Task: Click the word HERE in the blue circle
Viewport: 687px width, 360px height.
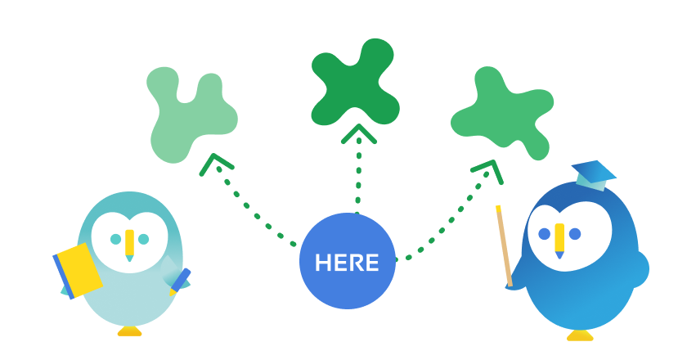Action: (347, 263)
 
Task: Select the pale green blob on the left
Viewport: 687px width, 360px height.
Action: (190, 115)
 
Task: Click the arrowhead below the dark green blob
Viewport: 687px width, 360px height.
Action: (358, 133)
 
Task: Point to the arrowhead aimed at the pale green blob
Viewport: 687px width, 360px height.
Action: (214, 163)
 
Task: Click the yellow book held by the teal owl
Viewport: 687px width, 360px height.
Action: (79, 269)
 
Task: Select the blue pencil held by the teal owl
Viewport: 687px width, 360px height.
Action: (180, 280)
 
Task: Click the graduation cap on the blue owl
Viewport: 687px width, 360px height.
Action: (595, 173)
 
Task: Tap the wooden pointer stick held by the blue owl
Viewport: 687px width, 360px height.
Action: (504, 245)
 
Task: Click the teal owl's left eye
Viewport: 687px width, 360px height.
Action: (115, 239)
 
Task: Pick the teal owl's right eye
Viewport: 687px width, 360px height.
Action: (144, 239)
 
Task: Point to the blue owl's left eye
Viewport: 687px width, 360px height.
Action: (545, 234)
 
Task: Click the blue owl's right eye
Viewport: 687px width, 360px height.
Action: (575, 234)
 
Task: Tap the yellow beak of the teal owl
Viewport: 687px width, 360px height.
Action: (129, 243)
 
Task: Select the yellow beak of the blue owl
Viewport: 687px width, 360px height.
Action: (559, 238)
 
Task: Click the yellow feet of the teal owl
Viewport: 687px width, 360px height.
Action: (129, 331)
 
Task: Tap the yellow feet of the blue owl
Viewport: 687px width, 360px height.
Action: (580, 334)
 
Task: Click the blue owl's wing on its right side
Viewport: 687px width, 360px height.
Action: (636, 268)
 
